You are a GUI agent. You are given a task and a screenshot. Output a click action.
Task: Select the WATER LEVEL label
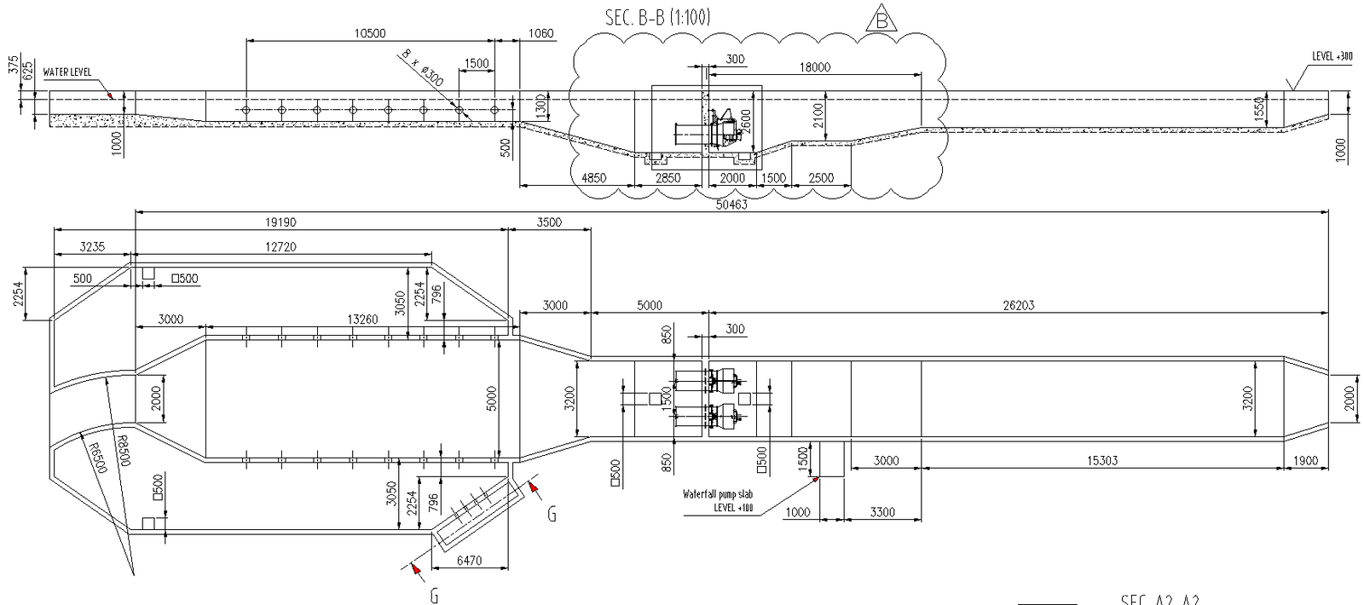(66, 72)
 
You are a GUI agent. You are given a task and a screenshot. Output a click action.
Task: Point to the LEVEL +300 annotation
(1332, 57)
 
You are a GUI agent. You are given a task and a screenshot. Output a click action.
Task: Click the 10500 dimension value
(369, 34)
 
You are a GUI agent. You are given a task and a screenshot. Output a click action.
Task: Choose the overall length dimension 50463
(731, 205)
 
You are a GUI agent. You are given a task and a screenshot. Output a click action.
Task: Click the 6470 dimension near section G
(470, 561)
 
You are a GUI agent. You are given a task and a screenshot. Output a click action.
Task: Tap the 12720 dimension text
(281, 246)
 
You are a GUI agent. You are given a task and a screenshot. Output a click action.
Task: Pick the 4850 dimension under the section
(593, 178)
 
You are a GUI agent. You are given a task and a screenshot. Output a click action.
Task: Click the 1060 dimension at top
(540, 34)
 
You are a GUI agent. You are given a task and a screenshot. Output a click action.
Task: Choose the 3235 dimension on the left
(92, 246)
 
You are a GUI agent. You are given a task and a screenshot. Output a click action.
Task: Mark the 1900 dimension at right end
(1305, 461)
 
